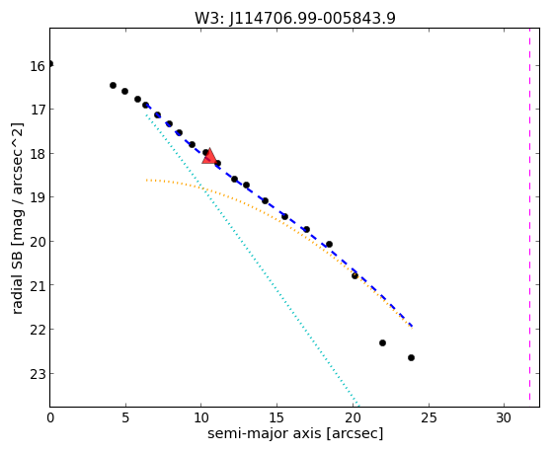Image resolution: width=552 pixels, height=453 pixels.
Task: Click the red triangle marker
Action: pos(209,157)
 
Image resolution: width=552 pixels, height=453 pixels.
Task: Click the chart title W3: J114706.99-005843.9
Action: pos(295,18)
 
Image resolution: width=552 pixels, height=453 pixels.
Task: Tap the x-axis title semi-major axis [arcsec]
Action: pos(295,433)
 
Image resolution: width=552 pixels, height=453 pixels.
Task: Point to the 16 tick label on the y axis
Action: pos(37,66)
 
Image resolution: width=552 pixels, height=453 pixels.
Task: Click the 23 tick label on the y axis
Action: pos(37,374)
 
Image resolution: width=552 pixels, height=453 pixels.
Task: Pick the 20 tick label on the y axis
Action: pos(37,242)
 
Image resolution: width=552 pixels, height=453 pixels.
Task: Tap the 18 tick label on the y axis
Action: pos(37,154)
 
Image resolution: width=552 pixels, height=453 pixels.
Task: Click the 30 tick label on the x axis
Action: pos(504,417)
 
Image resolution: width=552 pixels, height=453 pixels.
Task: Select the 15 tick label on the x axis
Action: pos(276,417)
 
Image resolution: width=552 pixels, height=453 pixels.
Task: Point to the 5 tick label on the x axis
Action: pos(125,417)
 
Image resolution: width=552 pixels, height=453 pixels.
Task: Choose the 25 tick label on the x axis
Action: pos(429,417)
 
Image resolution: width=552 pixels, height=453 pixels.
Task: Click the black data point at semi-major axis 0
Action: pos(50,64)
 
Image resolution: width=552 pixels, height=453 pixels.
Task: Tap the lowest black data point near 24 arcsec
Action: pos(411,358)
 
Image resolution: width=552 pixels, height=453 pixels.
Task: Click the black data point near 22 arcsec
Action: pos(383,342)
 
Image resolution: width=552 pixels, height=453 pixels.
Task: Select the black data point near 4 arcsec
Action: pos(113,85)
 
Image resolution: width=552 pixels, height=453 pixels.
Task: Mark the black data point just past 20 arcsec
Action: pos(355,275)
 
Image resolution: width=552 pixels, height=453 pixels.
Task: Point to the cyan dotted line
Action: pos(252,259)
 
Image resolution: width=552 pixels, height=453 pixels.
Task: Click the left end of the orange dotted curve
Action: pos(146,181)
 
